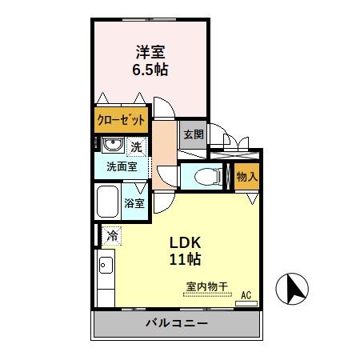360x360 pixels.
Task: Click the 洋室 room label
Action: (x=150, y=53)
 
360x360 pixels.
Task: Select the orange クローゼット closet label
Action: (x=122, y=121)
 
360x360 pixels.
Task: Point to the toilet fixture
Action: (x=205, y=176)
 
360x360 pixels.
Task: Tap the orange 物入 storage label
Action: (x=246, y=177)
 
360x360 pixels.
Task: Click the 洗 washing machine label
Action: (x=137, y=146)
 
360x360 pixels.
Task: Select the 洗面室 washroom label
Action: (x=122, y=167)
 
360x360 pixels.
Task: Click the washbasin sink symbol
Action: (x=110, y=146)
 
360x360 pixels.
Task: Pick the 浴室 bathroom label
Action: (x=134, y=203)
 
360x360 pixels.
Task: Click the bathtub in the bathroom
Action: (x=108, y=202)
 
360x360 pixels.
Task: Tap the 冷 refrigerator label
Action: (x=113, y=236)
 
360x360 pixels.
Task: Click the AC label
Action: (x=246, y=295)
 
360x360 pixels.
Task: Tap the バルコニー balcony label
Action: (x=177, y=324)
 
